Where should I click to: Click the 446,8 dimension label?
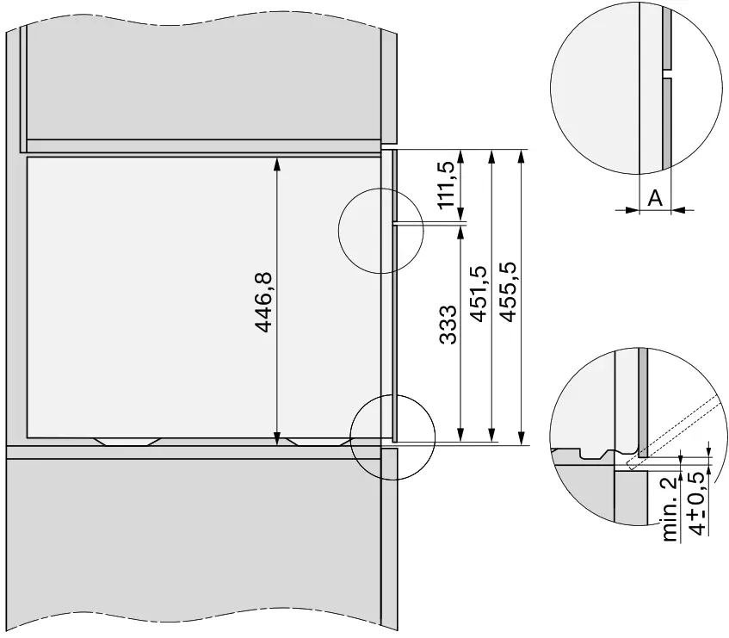(263, 302)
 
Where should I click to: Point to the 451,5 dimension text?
(479, 294)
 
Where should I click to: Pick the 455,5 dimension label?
(508, 294)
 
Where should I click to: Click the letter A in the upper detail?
(654, 199)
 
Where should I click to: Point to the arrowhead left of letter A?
(633, 208)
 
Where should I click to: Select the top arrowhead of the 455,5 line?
(522, 155)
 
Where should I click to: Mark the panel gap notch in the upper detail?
(667, 73)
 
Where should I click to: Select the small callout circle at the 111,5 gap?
(379, 230)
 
